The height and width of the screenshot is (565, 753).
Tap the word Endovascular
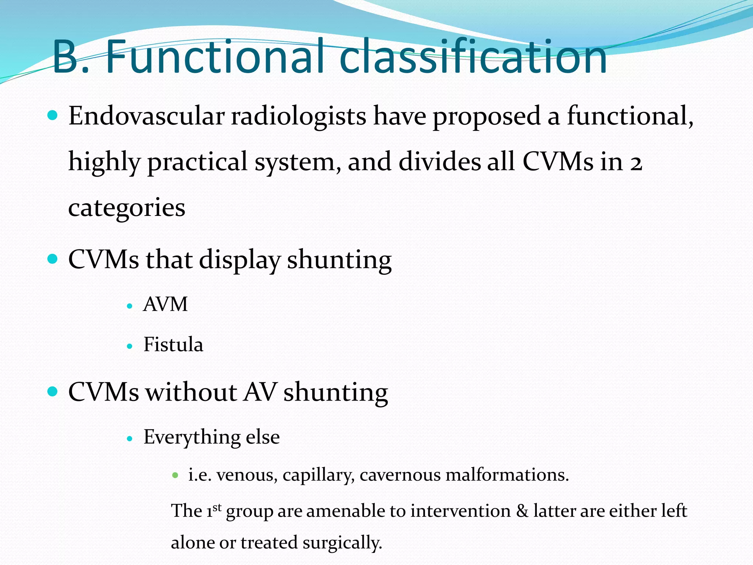coord(146,116)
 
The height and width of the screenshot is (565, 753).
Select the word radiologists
coord(298,116)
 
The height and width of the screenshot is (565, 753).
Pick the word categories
coord(126,208)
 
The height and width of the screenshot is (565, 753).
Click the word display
coord(239,260)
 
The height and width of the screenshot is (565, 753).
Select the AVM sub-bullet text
coord(165,305)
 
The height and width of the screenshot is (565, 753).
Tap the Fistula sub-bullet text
coord(173,345)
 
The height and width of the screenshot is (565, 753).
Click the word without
coord(191,392)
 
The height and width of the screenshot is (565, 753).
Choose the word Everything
coord(191,437)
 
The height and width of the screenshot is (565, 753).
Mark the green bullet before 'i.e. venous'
coord(175,475)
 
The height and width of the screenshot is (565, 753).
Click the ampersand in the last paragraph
coord(522,511)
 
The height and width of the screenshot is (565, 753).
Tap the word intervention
coord(460,511)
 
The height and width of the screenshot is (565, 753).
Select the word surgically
coord(342,543)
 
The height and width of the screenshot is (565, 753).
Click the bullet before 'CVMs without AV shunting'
coord(53,391)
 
